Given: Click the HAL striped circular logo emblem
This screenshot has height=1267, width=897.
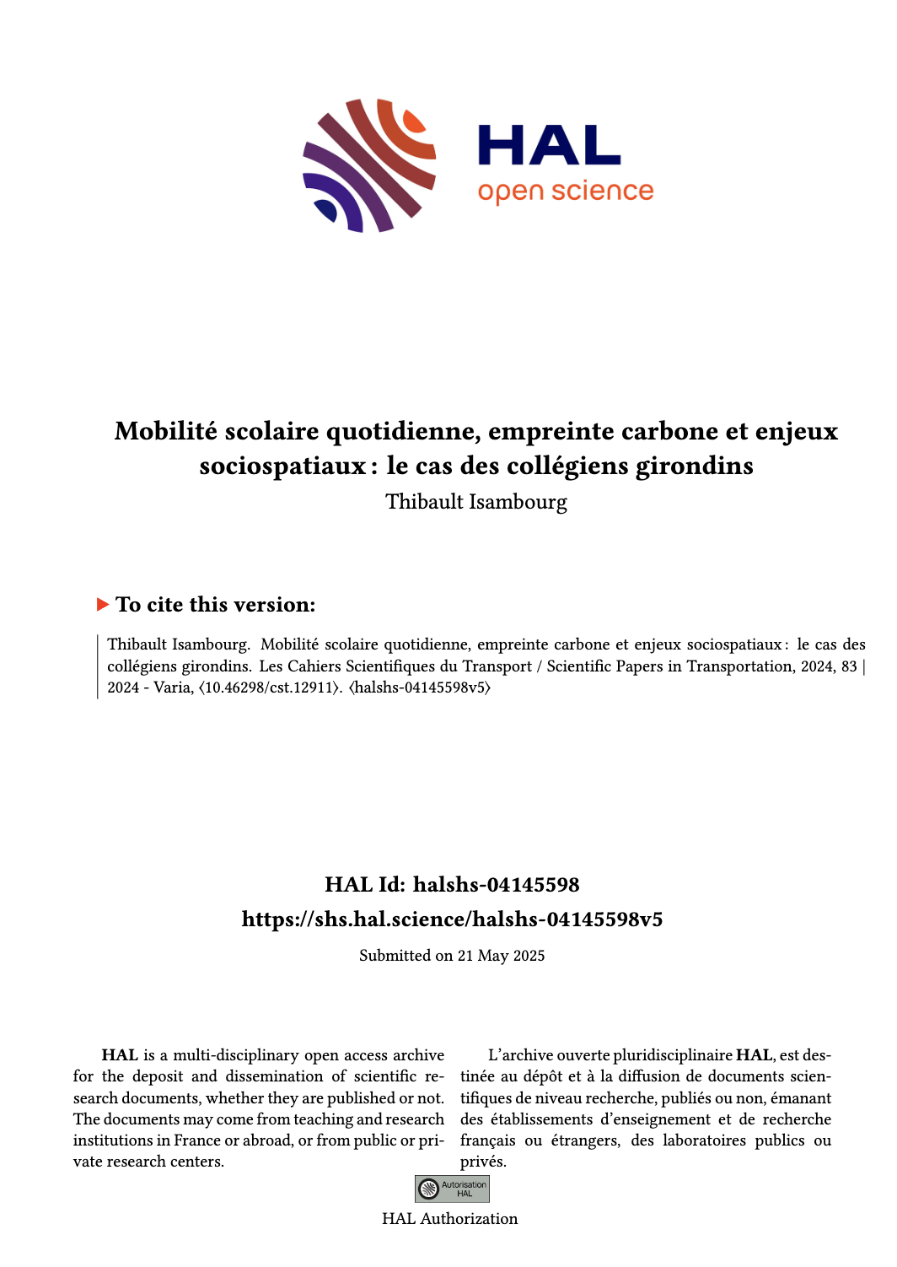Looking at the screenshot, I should pos(369,165).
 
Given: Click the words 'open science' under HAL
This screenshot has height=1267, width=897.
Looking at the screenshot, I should pos(566,192).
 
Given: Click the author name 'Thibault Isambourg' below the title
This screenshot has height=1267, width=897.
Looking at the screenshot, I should pos(476,502).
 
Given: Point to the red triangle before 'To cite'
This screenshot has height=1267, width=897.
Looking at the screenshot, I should pos(103,605).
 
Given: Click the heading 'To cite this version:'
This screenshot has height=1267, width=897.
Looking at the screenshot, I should pos(215,605).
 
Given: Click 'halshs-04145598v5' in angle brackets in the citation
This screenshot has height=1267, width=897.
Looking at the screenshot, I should pos(420,687).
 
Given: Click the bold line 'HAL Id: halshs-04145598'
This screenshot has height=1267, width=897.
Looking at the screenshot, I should pos(452,885).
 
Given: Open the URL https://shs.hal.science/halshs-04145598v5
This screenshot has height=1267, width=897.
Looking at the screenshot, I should pos(452,919).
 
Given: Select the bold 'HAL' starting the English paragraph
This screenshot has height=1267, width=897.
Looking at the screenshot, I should pos(120,1055).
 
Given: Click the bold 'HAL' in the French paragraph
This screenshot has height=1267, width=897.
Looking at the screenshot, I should pos(754,1055).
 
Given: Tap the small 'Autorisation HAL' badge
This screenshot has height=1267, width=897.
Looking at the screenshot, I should pos(452,1189).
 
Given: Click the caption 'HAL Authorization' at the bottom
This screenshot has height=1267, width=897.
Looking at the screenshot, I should pos(450,1219).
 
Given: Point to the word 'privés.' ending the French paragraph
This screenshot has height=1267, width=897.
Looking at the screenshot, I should pos(483,1162).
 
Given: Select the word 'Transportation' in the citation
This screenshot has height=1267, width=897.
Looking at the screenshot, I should pos(739,666).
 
